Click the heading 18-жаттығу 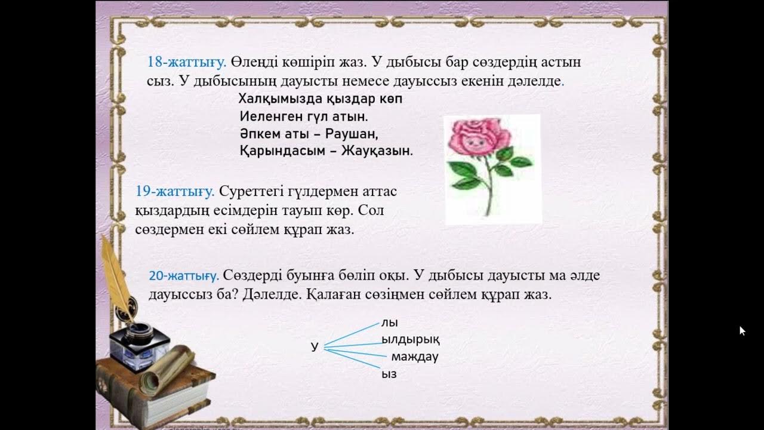click(x=186, y=62)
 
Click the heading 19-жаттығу click(x=175, y=192)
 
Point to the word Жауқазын click(x=377, y=151)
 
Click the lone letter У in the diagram click(x=315, y=347)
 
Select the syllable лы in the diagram click(x=389, y=323)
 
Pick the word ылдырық click(x=411, y=340)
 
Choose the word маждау click(x=415, y=357)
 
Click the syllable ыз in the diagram click(x=389, y=374)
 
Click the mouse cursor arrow click(x=742, y=330)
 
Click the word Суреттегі click(x=248, y=192)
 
